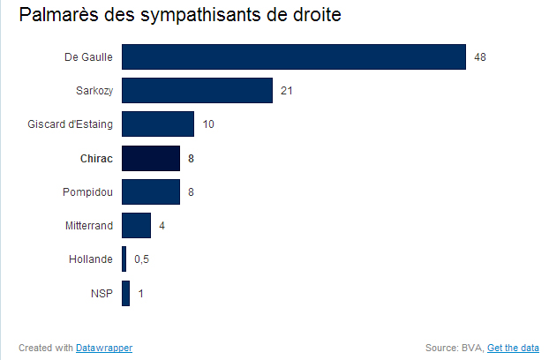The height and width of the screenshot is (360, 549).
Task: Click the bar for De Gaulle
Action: click(293, 56)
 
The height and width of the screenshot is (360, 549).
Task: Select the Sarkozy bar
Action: click(197, 90)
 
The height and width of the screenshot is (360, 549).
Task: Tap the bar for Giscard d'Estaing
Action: click(158, 124)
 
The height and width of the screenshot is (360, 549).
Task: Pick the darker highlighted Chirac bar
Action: click(151, 158)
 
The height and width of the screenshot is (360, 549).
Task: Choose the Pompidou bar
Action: click(151, 191)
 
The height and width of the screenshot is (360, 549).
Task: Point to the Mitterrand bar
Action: click(136, 225)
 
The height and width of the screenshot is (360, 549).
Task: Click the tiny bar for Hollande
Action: click(124, 259)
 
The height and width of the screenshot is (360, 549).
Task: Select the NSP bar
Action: click(125, 293)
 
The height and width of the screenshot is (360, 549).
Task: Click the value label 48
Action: click(480, 57)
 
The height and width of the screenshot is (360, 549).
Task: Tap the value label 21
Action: click(287, 91)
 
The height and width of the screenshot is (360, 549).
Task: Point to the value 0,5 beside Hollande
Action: click(141, 259)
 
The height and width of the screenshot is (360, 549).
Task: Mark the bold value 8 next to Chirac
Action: click(192, 158)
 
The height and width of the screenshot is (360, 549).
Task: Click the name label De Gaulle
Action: click(88, 57)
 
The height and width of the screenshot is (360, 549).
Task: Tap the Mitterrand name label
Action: click(88, 226)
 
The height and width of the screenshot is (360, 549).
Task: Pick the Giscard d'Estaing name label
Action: click(70, 124)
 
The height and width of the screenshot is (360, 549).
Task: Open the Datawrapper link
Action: click(104, 348)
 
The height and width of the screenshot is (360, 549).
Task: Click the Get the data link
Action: click(513, 348)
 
